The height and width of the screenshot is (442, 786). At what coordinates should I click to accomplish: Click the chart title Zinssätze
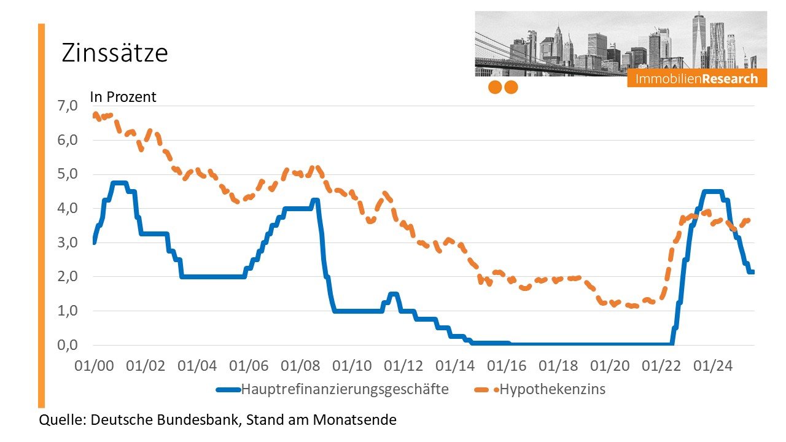(x=114, y=53)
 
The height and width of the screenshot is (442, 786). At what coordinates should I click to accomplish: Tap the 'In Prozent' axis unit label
(x=123, y=97)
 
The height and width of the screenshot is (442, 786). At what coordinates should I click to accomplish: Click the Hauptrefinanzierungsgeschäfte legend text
(x=344, y=389)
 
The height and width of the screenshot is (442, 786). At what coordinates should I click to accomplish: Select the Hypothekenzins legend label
(x=552, y=389)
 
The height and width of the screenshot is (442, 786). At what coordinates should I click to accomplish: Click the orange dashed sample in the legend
(x=486, y=389)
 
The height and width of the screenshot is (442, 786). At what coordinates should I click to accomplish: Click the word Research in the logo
(x=730, y=79)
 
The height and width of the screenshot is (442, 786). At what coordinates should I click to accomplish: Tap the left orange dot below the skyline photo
(x=495, y=87)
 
